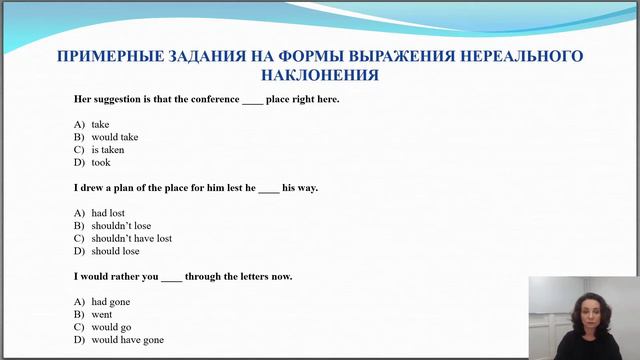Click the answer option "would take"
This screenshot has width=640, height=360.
pos(114,137)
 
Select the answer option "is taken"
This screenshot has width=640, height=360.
pos(107,150)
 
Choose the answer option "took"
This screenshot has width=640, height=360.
pos(101,162)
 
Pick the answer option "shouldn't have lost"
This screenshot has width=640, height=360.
pos(131,239)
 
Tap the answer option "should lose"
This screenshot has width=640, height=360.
pos(115,251)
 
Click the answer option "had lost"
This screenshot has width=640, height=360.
pos(106,213)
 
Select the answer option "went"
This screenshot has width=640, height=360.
pos(101,314)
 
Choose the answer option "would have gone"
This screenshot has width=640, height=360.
pos(127,340)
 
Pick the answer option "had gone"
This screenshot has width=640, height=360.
pos(110,301)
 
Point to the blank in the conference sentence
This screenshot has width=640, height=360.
pos(252,100)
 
